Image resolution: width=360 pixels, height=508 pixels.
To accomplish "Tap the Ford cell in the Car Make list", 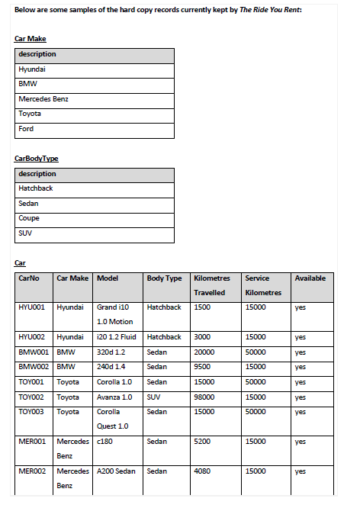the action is tap(26, 129).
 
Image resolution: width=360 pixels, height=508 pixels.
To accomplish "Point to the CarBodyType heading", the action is tap(37, 158).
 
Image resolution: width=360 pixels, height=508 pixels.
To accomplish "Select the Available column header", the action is tap(310, 278).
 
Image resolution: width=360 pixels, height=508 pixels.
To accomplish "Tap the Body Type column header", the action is tap(164, 278).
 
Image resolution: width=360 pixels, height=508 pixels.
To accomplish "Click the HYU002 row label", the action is tap(33, 336).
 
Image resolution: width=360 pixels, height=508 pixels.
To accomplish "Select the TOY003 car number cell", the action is tap(33, 412).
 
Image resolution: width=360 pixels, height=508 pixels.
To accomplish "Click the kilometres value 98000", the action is tap(205, 397).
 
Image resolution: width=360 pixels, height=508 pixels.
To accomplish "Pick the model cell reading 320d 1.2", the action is tap(111, 352).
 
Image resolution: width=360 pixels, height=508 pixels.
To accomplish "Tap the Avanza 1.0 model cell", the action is tap(115, 397).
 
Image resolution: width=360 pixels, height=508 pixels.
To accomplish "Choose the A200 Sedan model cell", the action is tap(116, 471).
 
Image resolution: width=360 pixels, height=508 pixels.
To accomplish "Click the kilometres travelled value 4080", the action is tap(202, 471).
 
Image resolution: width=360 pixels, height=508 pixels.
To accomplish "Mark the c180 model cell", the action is tap(105, 441).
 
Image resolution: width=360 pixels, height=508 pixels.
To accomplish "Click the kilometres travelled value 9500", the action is tap(202, 367).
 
